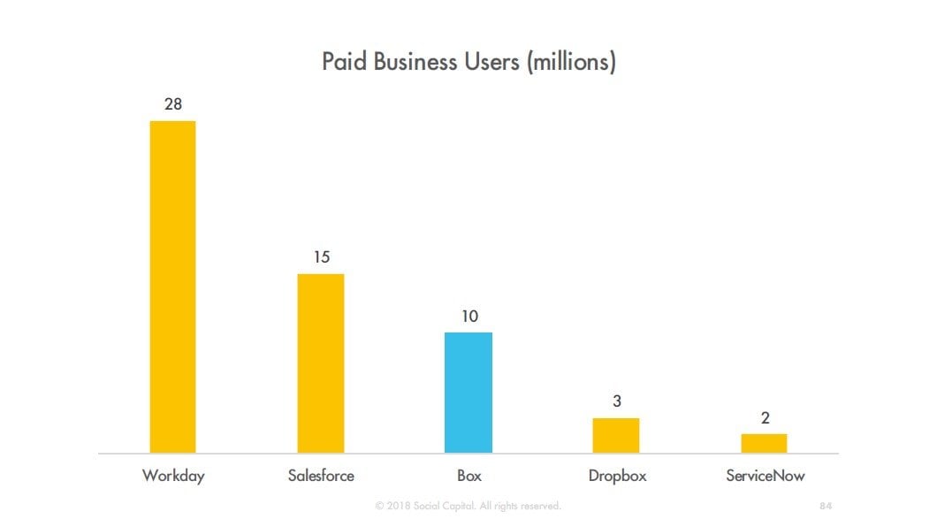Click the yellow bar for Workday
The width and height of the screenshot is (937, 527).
(x=172, y=286)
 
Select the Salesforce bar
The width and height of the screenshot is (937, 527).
(x=320, y=363)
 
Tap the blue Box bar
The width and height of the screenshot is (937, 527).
(x=468, y=393)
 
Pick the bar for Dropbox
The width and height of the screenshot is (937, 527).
(x=616, y=435)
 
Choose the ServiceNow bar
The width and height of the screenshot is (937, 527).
(x=764, y=443)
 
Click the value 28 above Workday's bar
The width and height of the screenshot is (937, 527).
(x=173, y=104)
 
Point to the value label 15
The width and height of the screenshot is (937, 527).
(x=321, y=257)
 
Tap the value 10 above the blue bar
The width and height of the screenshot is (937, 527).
(x=468, y=316)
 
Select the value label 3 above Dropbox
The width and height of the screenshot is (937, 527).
(x=617, y=401)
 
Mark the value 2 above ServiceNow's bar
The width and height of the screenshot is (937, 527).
(x=765, y=418)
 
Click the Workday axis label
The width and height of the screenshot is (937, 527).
(x=173, y=476)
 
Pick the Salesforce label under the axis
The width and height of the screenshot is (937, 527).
(x=321, y=476)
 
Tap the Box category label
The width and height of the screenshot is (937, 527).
(x=469, y=476)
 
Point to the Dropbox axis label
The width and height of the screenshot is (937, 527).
(x=617, y=476)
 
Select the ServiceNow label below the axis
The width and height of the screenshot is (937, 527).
(x=766, y=476)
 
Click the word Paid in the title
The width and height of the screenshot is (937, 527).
(x=341, y=63)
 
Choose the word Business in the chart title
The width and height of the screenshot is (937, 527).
(x=415, y=63)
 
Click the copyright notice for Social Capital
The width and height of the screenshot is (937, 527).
(x=468, y=506)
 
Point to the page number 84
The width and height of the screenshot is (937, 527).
(x=827, y=506)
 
